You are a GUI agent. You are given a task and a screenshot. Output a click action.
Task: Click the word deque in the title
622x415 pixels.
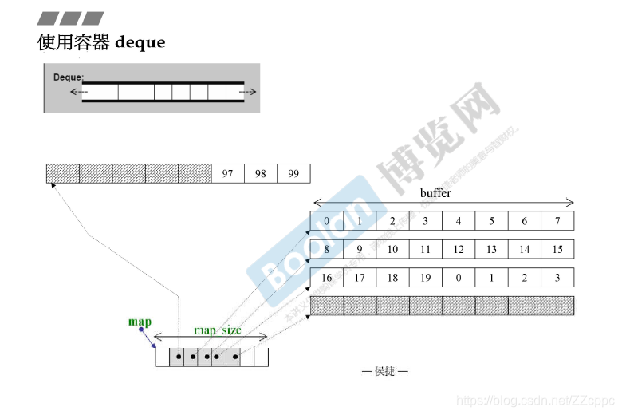click(140, 42)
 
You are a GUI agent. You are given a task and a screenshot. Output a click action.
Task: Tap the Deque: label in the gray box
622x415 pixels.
click(69, 77)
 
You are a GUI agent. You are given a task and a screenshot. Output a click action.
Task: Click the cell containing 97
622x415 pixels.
click(228, 173)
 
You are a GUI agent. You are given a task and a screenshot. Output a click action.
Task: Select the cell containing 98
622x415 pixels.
click(261, 173)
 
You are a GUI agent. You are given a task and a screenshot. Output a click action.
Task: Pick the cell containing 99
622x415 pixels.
click(293, 173)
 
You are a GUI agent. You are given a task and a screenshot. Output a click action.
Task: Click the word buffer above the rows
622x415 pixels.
click(435, 193)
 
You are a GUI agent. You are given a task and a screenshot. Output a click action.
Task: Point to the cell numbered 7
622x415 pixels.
click(557, 221)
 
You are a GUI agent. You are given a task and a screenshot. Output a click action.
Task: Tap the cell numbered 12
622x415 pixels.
click(458, 250)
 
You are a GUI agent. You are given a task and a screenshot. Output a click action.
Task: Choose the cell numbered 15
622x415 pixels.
click(557, 250)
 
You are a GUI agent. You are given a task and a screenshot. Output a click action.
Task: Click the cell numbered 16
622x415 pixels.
click(326, 279)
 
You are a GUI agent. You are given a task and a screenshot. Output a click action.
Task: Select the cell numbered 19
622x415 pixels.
click(425, 279)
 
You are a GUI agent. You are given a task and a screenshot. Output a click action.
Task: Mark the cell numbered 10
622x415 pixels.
click(392, 250)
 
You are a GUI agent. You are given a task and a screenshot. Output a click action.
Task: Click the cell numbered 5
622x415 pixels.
click(491, 221)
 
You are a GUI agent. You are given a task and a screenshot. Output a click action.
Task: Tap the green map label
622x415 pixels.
click(140, 322)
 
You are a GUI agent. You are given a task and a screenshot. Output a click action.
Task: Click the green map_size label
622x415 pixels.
click(218, 330)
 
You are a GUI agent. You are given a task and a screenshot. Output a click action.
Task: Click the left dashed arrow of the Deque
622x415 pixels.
click(77, 92)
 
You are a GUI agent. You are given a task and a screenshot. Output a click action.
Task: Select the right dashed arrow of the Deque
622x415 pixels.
click(249, 92)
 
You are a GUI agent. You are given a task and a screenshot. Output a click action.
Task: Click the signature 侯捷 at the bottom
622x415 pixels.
click(384, 371)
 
